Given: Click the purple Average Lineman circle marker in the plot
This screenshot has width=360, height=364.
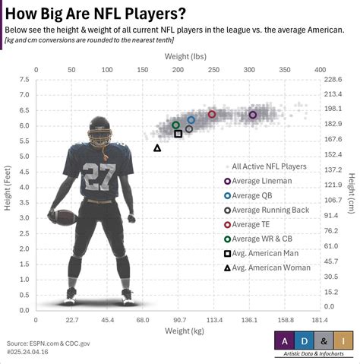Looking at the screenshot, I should click(253, 115).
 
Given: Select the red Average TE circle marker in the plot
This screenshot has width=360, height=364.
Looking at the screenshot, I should click(212, 114).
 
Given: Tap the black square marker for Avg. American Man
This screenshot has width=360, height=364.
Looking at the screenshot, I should click(178, 134).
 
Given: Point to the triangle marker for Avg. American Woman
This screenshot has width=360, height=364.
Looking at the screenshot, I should click(157, 148).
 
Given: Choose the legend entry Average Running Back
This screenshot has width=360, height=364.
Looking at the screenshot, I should click(266, 210).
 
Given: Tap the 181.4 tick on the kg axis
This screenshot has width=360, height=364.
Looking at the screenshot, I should click(320, 320).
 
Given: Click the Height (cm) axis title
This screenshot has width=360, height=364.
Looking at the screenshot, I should click(352, 194).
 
